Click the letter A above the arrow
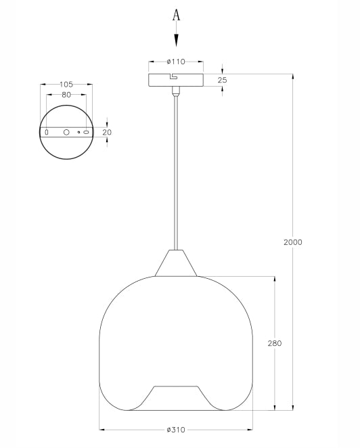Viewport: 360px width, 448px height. click(176, 15)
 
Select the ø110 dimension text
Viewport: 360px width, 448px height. click(176, 61)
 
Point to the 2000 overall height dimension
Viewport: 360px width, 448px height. click(292, 242)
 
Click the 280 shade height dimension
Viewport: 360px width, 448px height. click(274, 343)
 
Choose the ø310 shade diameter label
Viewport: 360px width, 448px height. click(176, 429)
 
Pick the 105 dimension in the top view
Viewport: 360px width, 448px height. click(66, 85)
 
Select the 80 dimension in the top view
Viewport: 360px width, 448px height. click(66, 95)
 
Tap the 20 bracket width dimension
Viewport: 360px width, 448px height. click(106, 133)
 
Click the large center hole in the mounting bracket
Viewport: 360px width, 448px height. click(66, 133)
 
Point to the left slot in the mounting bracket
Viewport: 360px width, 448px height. click(46, 133)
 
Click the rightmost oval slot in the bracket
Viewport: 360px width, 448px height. click(86, 133)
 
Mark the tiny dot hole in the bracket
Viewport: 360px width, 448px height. click(78, 133)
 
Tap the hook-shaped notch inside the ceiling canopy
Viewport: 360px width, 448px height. click(175, 76)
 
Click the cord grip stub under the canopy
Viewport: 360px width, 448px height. click(176, 91)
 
